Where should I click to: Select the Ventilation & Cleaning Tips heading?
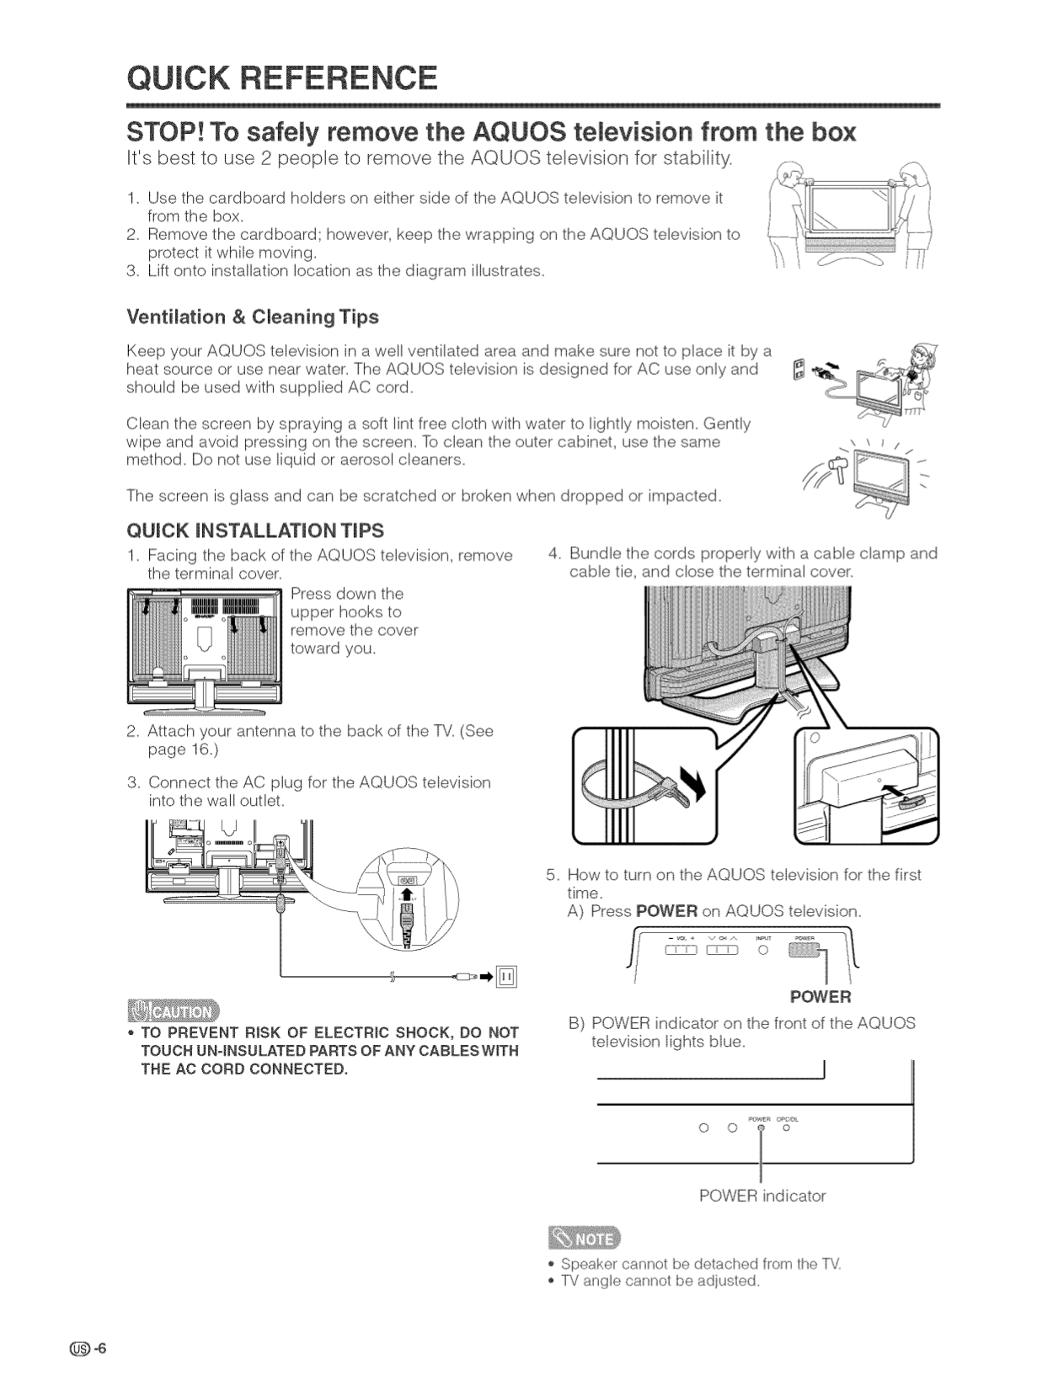pos(252,317)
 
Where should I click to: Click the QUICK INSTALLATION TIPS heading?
pos(254,531)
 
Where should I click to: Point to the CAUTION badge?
pos(172,1010)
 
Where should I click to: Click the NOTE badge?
pos(583,1240)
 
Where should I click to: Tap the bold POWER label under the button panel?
pos(820,997)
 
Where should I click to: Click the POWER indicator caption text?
pos(762,1196)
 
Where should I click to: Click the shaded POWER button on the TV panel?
pos(802,950)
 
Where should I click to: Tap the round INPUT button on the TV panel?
pos(762,951)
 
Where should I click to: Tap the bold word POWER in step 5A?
pos(666,911)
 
